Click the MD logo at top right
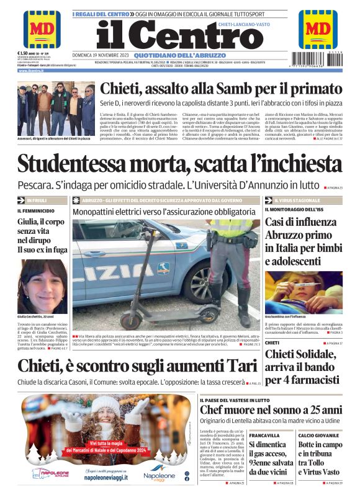(317, 29)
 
